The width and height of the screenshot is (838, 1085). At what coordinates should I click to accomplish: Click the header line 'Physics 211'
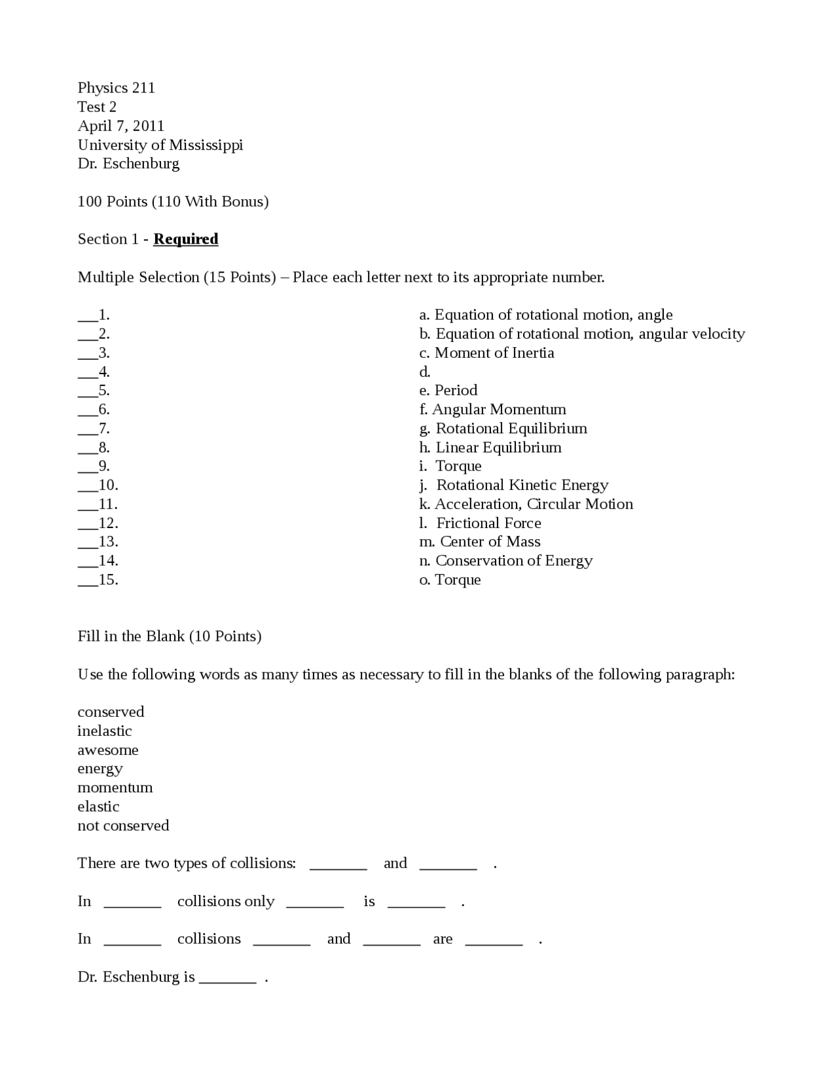[116, 88]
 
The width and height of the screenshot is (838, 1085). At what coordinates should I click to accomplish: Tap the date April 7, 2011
[120, 126]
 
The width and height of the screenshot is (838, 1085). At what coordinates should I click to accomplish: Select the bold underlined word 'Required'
[185, 239]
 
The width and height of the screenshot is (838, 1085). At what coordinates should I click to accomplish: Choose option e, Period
[448, 390]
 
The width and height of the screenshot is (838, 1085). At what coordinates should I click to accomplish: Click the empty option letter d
[424, 372]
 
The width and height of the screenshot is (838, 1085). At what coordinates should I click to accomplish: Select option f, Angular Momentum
[492, 409]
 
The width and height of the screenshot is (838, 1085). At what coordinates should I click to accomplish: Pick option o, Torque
[450, 580]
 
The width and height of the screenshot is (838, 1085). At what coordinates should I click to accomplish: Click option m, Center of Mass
[479, 542]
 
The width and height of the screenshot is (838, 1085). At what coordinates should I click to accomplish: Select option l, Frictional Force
[480, 523]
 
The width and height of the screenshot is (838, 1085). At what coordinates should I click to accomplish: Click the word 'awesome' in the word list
[108, 750]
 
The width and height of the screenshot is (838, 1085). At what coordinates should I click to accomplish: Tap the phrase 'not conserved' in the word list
[123, 826]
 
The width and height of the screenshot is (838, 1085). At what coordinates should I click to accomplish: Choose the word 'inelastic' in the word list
[105, 731]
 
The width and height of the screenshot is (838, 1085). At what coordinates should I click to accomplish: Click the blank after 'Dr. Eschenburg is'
[227, 980]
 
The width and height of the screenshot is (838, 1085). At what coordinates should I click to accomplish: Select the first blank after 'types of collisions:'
[338, 866]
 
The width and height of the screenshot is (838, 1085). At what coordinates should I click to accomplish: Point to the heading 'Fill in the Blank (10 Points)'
[169, 636]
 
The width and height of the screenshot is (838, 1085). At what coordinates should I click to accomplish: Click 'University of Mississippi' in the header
[160, 145]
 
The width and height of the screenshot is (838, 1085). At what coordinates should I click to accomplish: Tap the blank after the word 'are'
[494, 942]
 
